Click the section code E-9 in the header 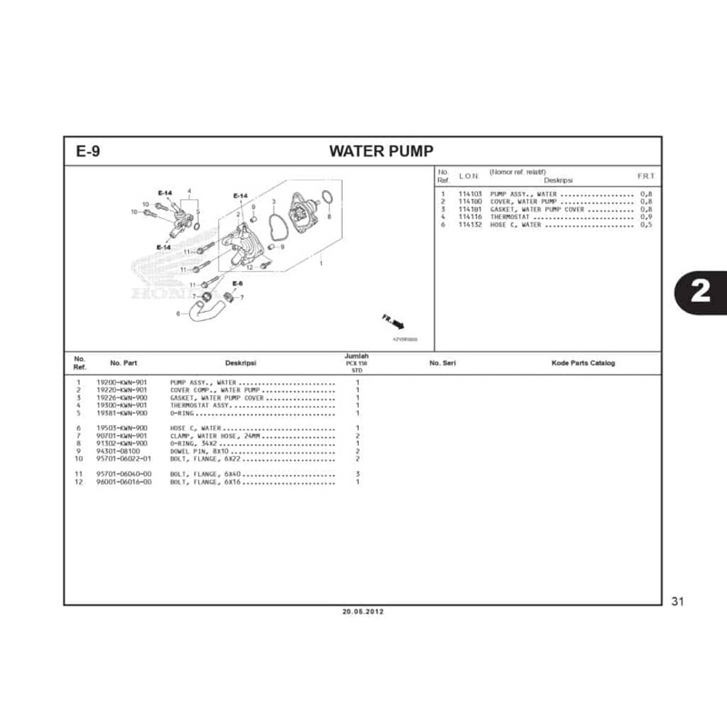[88, 151]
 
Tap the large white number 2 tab [700, 291]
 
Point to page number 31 [676, 601]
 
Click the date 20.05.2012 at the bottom [363, 612]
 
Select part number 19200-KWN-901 [121, 383]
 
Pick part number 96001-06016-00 [124, 482]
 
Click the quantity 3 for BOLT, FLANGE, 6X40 [358, 474]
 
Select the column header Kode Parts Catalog [583, 363]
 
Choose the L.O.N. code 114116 [470, 217]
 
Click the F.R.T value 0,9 [645, 217]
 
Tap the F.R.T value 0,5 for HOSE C [645, 224]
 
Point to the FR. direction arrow [393, 322]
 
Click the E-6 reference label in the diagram [237, 284]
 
